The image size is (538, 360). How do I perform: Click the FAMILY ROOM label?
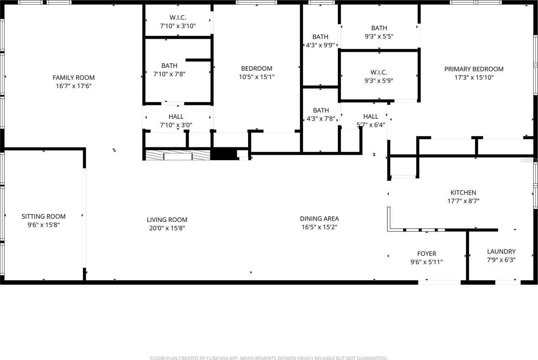point(73,78)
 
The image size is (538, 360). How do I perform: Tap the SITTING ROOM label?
point(43,217)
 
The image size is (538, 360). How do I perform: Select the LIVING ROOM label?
point(167,220)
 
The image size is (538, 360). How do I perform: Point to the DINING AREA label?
point(319,219)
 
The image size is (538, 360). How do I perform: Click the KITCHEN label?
point(463,193)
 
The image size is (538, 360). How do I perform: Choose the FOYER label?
point(427,254)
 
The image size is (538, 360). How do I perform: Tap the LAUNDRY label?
point(501,252)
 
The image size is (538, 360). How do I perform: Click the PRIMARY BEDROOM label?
point(474,69)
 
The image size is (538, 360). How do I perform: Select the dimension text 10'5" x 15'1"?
point(257,77)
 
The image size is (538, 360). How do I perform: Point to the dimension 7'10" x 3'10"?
point(178,26)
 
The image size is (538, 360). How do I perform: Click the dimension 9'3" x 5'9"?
point(379,81)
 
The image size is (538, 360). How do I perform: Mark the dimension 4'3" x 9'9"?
point(320,45)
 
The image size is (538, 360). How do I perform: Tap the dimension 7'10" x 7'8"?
point(169,74)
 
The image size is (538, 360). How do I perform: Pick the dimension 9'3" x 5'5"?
point(379,36)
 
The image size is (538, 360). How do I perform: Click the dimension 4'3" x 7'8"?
point(321,118)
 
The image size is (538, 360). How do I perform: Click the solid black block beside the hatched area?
point(224,154)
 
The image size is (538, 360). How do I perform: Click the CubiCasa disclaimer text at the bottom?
point(269,358)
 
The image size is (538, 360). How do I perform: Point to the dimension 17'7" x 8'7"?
point(463,201)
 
